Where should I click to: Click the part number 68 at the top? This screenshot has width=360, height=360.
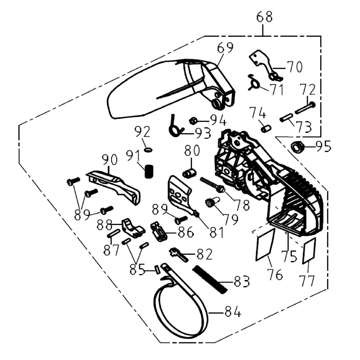pos(264,18)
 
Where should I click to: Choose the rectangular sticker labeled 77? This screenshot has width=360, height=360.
pos(309,251)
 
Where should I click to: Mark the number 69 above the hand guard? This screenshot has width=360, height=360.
pos(226,48)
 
